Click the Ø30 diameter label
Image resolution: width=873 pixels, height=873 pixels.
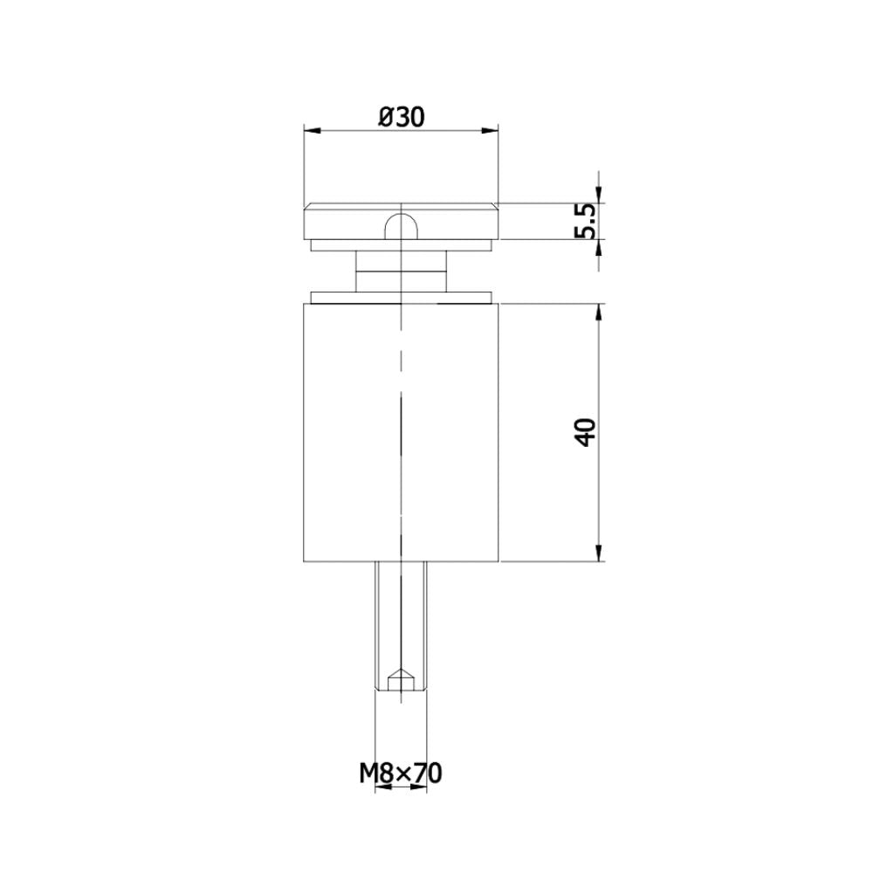click(x=402, y=117)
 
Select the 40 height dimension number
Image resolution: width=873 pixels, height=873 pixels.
click(x=586, y=432)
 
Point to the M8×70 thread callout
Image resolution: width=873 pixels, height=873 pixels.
click(x=402, y=772)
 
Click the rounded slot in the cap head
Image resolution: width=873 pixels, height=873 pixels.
click(x=401, y=225)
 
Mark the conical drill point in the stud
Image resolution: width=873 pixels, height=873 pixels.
click(x=401, y=677)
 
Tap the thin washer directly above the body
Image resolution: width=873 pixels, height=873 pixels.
click(x=401, y=298)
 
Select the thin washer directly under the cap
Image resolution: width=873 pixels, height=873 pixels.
click(x=401, y=245)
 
